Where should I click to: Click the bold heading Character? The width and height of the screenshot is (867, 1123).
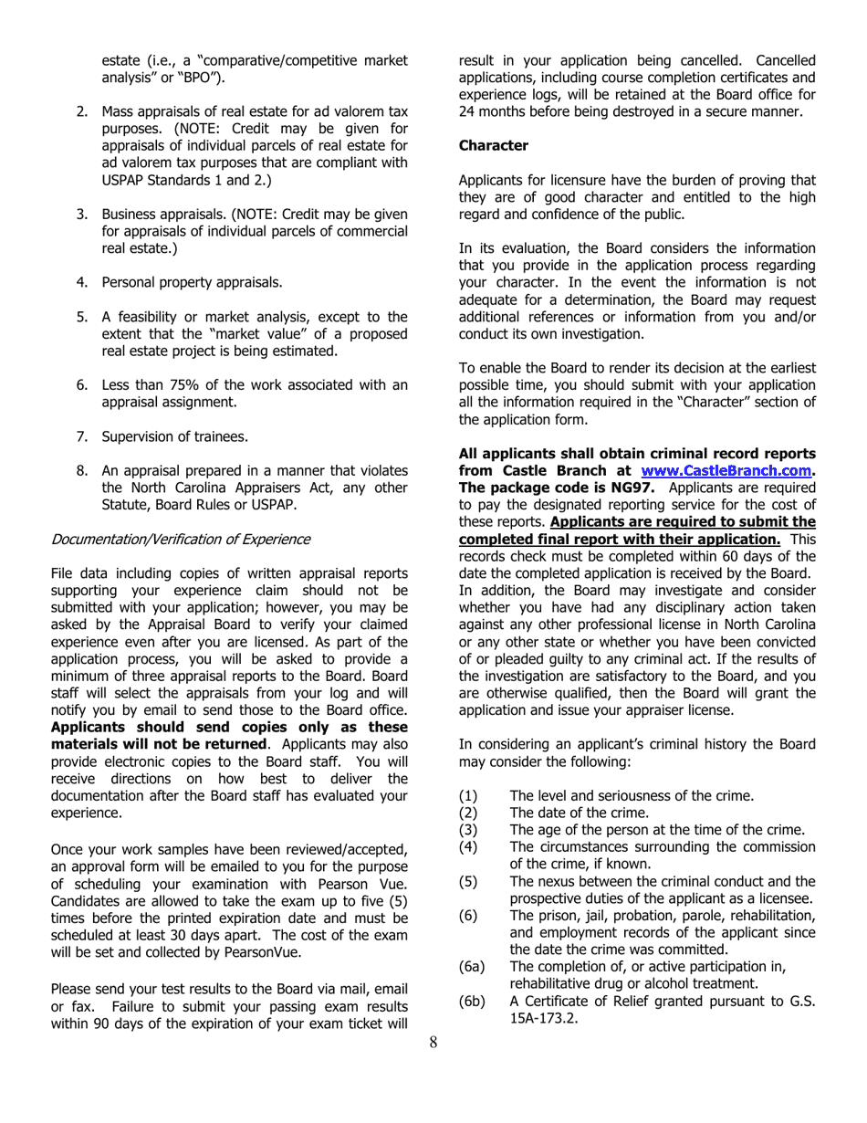(493, 145)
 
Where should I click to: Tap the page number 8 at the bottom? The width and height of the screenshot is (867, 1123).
(433, 1044)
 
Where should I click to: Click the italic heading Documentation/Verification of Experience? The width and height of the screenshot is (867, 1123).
(180, 539)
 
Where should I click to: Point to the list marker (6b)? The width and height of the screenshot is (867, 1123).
(473, 1002)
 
